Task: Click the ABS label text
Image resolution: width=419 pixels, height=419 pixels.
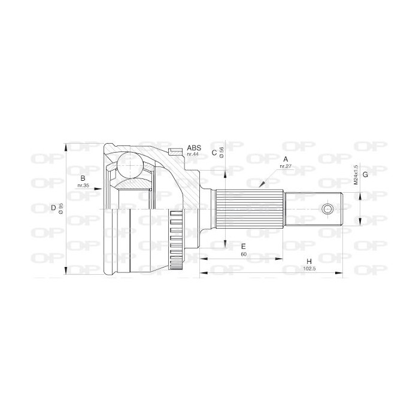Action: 194,148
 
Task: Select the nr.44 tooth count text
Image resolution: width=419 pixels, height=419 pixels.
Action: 193,154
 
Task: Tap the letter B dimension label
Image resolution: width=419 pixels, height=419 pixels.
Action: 83,178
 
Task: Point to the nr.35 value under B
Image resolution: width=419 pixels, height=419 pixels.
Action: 83,185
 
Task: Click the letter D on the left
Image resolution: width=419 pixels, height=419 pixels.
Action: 53,208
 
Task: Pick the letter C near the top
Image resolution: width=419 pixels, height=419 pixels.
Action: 214,153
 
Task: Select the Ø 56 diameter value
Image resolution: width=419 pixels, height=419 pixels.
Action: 221,152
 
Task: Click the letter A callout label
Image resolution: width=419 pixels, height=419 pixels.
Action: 286,159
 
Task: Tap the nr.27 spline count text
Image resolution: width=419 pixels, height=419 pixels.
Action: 286,166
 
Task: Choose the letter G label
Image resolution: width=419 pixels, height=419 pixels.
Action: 365,175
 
